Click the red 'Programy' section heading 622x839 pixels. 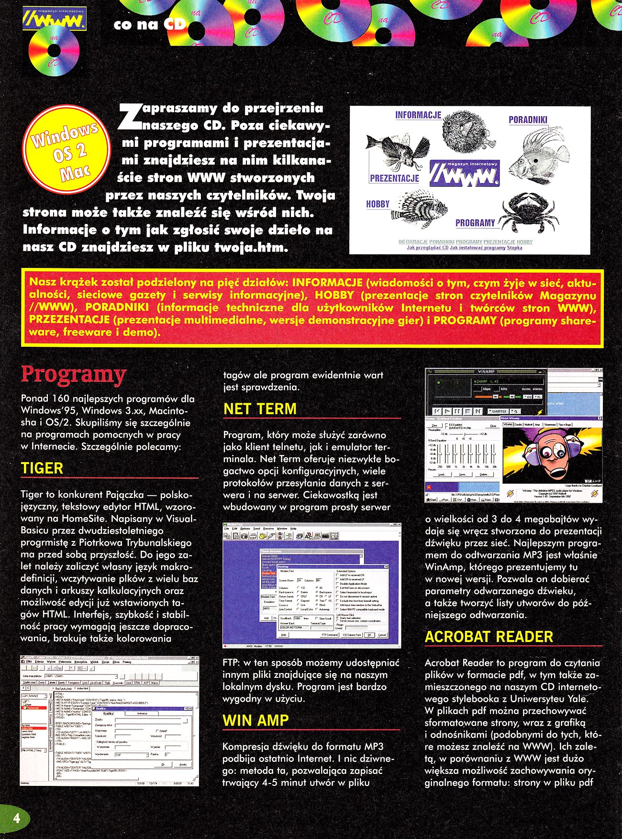coord(73,375)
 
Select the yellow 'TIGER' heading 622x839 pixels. coord(42,468)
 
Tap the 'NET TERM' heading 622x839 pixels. coord(260,409)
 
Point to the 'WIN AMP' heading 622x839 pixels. coord(255,720)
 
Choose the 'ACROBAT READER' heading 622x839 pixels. coord(489,637)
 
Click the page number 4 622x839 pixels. coord(16,817)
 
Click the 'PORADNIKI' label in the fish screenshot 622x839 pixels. coord(528,120)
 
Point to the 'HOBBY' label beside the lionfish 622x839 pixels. coord(378,204)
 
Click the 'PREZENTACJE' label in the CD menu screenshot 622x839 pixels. coord(394,178)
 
